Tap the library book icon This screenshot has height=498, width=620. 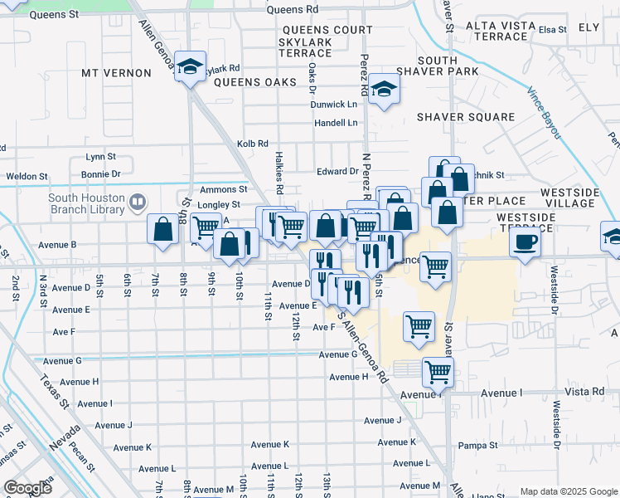point(138,201)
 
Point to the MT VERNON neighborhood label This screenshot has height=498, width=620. point(116,73)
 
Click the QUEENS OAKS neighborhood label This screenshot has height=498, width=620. point(255,82)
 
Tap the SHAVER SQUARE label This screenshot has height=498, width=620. point(466,117)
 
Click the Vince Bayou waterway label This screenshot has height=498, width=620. point(550,111)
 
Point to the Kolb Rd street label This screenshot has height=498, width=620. point(253,143)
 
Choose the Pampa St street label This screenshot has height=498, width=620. point(477,446)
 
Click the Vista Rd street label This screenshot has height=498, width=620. point(586,392)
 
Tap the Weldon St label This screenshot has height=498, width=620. point(22,176)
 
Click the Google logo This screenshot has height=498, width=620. point(28,488)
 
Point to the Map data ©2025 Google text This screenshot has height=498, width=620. point(569,491)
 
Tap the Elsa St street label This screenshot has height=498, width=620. point(552,30)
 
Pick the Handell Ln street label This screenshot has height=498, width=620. point(336,123)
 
